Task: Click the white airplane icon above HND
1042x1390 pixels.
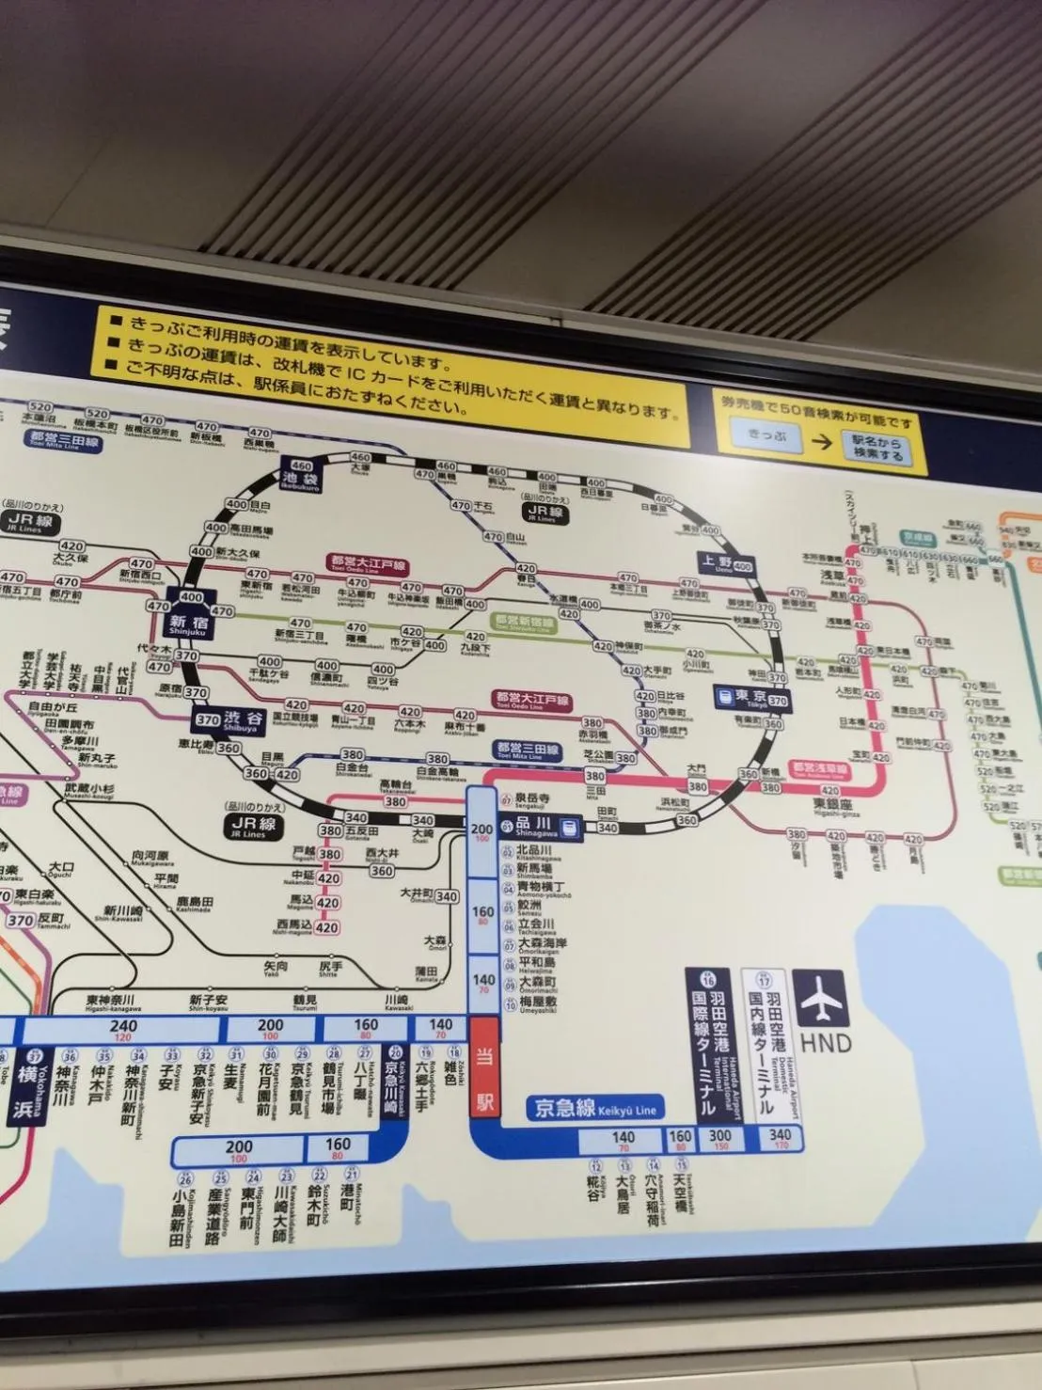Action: click(x=821, y=1000)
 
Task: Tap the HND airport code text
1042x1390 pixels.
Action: click(x=825, y=1043)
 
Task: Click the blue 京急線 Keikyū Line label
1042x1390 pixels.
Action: click(x=594, y=1108)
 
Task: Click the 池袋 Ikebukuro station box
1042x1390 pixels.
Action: click(x=301, y=474)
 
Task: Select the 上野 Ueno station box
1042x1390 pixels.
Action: click(x=727, y=564)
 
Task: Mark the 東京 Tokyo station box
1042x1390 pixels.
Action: click(x=752, y=698)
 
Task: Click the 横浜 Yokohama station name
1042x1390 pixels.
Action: click(x=24, y=1091)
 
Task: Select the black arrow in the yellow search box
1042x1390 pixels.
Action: click(x=822, y=441)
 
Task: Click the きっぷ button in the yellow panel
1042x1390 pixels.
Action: click(x=767, y=434)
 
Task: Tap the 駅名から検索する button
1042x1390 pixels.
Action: click(x=876, y=448)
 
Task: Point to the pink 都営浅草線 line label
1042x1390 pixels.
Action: click(x=819, y=770)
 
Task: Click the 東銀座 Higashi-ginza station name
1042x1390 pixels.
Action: click(x=834, y=806)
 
